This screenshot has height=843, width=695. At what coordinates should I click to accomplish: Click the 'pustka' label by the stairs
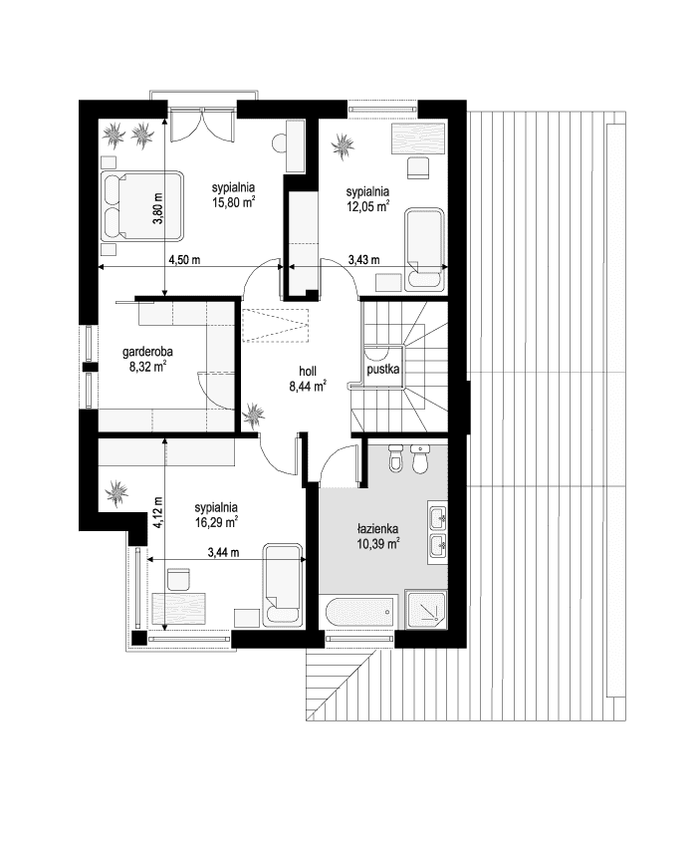pyautogui.click(x=383, y=370)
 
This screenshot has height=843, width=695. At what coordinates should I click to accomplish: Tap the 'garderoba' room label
pyautogui.click(x=147, y=352)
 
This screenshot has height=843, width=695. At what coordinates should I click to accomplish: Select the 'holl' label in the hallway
pyautogui.click(x=308, y=371)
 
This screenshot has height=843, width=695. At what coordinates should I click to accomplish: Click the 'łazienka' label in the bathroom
pyautogui.click(x=377, y=528)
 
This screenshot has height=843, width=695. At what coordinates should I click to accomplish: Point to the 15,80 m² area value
pyautogui.click(x=233, y=203)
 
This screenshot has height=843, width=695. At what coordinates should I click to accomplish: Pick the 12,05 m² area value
pyautogui.click(x=367, y=206)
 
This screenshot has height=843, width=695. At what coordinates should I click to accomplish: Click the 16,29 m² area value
pyautogui.click(x=216, y=522)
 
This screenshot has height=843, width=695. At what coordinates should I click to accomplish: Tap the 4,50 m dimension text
pyautogui.click(x=184, y=260)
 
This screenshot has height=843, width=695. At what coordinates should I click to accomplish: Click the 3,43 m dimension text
pyautogui.click(x=363, y=260)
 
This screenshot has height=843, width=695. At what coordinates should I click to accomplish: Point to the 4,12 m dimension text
pyautogui.click(x=159, y=513)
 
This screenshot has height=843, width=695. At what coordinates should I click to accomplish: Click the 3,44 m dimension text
pyautogui.click(x=223, y=552)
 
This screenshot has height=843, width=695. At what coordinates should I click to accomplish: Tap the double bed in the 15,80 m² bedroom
pyautogui.click(x=142, y=206)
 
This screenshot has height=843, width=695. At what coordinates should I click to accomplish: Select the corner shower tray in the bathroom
pyautogui.click(x=426, y=610)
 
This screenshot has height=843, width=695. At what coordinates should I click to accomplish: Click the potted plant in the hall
pyautogui.click(x=254, y=416)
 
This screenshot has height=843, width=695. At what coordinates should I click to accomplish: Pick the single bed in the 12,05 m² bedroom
pyautogui.click(x=424, y=249)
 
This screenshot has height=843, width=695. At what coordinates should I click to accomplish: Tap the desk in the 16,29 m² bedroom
pyautogui.click(x=179, y=608)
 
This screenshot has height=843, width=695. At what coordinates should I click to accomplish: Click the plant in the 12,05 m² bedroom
pyautogui.click(x=343, y=145)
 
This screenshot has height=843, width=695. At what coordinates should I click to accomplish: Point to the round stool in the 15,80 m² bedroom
pyautogui.click(x=280, y=143)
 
